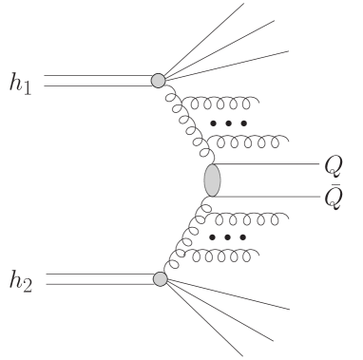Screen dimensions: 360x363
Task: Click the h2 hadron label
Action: pyautogui.click(x=22, y=281)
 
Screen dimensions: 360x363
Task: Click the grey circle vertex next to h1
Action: pyautogui.click(x=158, y=81)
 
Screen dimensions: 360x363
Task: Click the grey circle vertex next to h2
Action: pyautogui.click(x=160, y=278)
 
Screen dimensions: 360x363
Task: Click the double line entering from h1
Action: pyautogui.click(x=95, y=81)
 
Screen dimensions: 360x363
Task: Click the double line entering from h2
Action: pyautogui.click(x=95, y=278)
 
